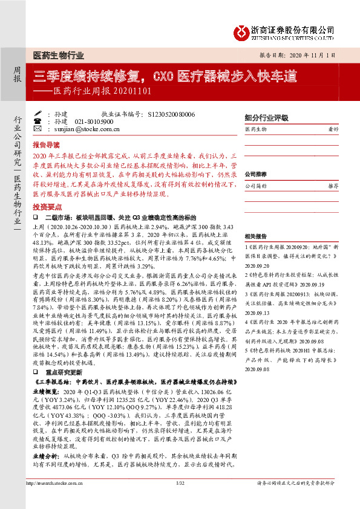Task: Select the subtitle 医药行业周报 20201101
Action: point(99,92)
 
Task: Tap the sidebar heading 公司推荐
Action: point(257,174)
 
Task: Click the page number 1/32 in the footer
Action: point(180,499)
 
